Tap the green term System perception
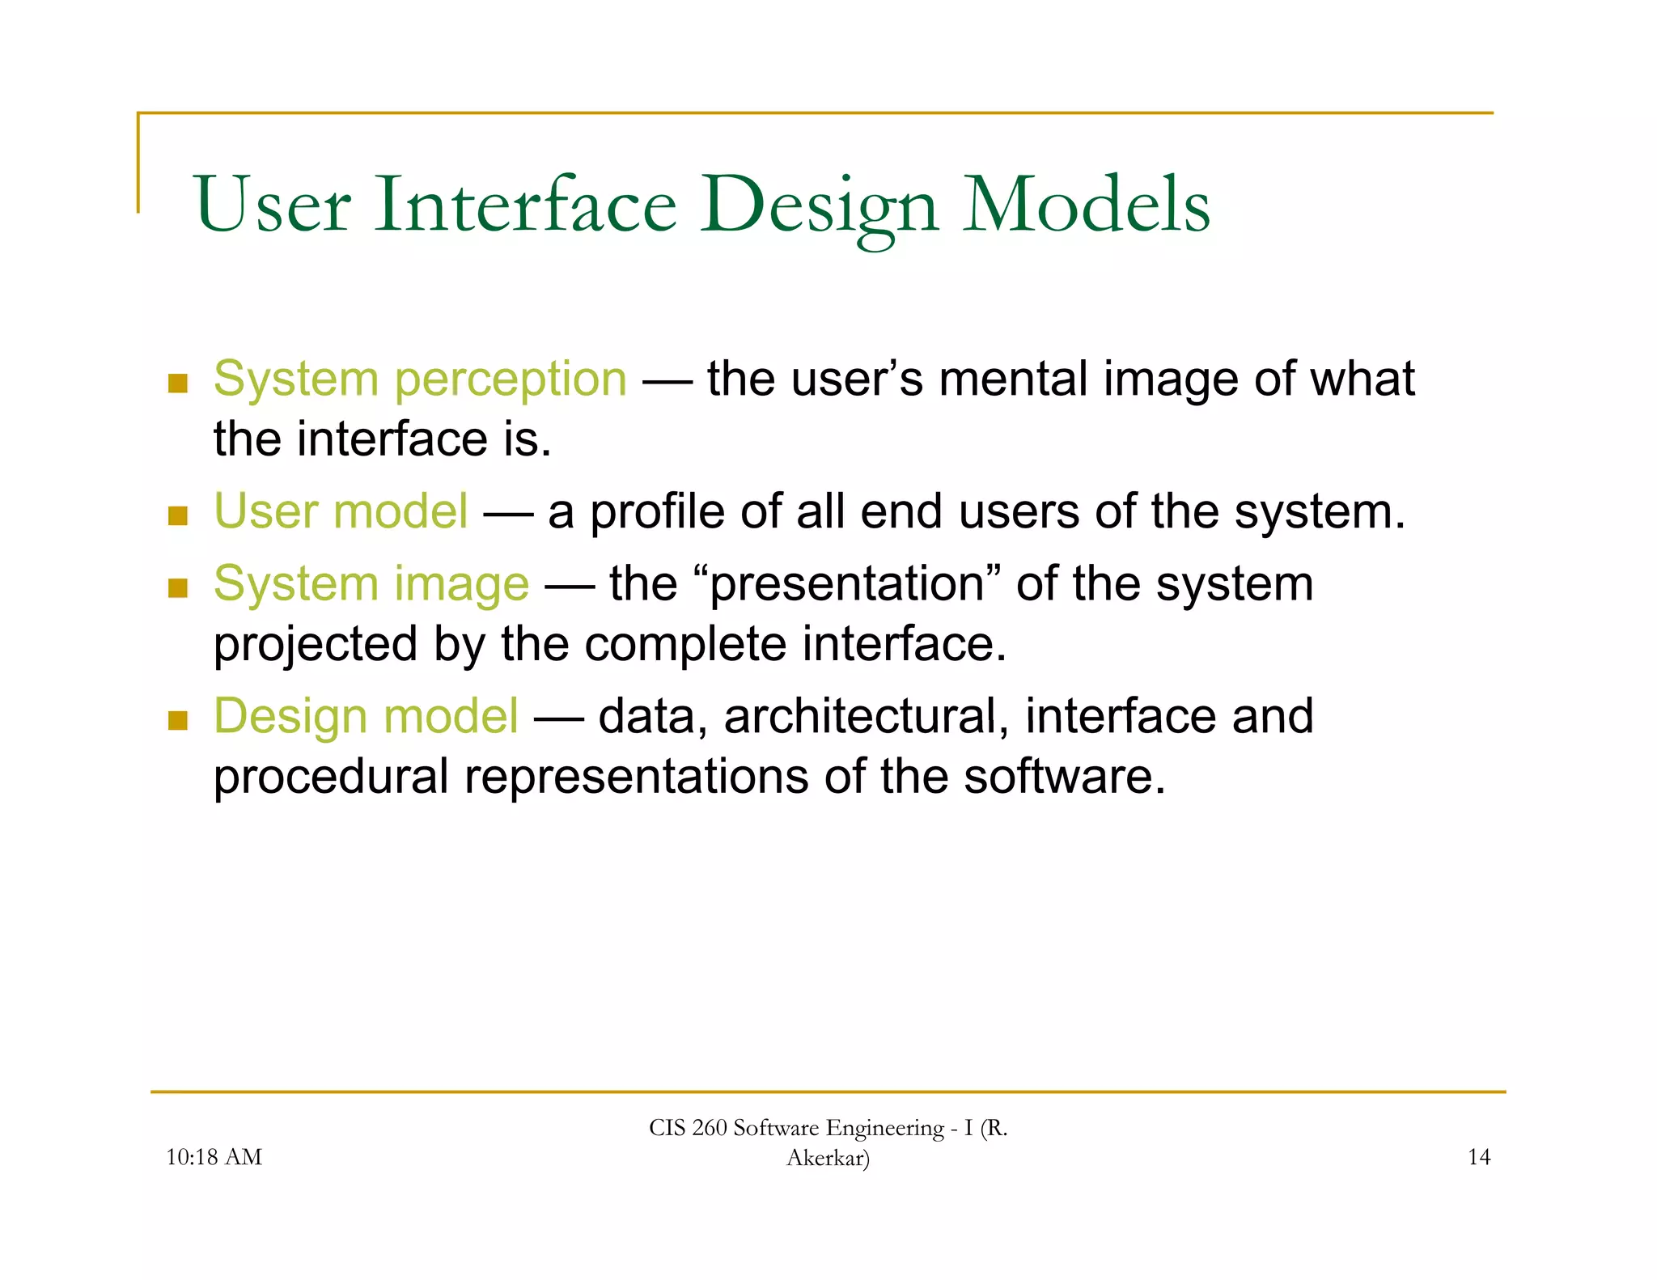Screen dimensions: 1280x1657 (x=420, y=379)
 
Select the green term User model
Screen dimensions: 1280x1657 (x=341, y=511)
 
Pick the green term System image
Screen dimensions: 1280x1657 (x=371, y=583)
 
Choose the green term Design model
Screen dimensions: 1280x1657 (x=366, y=716)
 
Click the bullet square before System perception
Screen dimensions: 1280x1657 (x=178, y=383)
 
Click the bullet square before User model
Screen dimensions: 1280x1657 (x=178, y=515)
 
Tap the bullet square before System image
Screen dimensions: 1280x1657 (x=178, y=587)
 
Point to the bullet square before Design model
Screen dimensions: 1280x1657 (x=178, y=720)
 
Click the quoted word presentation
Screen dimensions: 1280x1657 (x=847, y=584)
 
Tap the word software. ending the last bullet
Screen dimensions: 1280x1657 (x=1064, y=776)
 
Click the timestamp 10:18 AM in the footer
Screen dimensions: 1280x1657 (x=214, y=1157)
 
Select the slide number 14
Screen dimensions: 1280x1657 (x=1478, y=1157)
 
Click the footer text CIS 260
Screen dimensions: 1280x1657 (x=688, y=1128)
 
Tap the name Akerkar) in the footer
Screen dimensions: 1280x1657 (x=828, y=1158)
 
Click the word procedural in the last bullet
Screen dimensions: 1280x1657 (x=330, y=778)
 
